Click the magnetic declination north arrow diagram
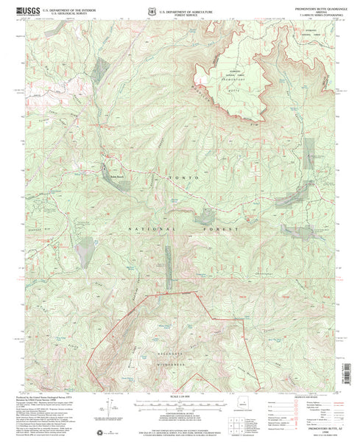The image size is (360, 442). (110, 406)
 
